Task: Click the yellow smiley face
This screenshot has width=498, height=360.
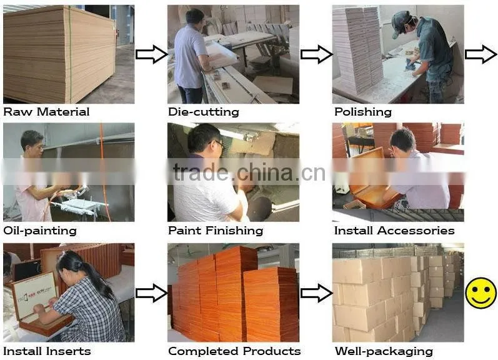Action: tap(481, 292)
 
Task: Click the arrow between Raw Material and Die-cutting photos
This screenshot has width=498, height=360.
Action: tap(151, 54)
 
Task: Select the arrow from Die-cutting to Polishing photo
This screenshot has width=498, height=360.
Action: tap(316, 54)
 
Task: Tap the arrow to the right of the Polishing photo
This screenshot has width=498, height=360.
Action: tap(481, 54)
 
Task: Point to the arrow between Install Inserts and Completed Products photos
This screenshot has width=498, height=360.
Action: tap(151, 292)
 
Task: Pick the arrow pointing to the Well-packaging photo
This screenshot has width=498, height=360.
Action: tap(316, 292)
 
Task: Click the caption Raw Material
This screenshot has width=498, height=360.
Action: tap(46, 112)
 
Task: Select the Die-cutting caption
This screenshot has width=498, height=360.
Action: tap(204, 112)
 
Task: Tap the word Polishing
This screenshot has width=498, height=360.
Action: tap(363, 112)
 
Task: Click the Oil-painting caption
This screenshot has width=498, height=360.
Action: tap(40, 231)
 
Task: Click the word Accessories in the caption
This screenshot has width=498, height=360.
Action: tap(416, 231)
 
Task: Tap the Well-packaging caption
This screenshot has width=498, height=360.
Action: tap(384, 351)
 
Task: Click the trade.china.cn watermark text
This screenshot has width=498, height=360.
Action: tap(249, 172)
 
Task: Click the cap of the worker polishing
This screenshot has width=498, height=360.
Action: tap(400, 23)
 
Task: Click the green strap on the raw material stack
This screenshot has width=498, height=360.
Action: tap(70, 54)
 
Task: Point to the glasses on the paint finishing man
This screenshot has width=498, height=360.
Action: tap(219, 144)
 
